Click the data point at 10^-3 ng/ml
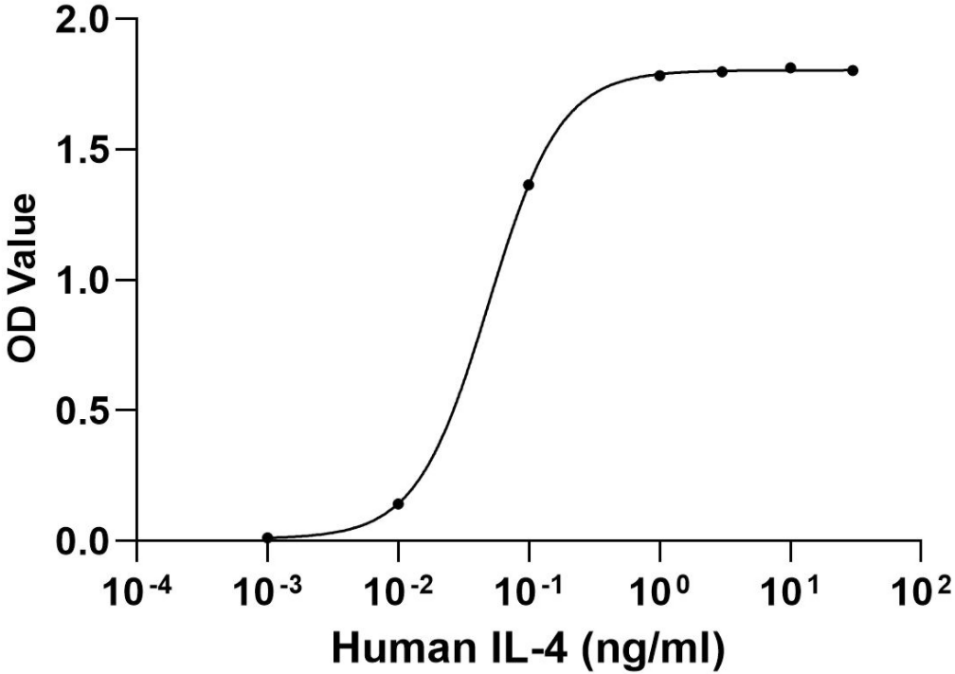coord(268,537)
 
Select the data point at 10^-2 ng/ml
coord(399,503)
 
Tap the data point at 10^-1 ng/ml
coord(529,184)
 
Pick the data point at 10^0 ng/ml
coord(659,75)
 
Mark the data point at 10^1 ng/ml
coord(790,68)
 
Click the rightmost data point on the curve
coord(853,70)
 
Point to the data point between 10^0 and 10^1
coord(722,71)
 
